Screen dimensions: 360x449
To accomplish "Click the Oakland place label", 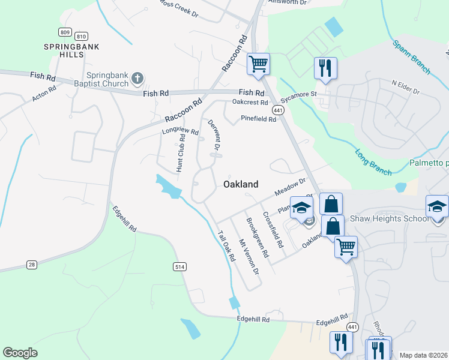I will (x=241, y=184).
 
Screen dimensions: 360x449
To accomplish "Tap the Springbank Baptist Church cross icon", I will (x=137, y=77).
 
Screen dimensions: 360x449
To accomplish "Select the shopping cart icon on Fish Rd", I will (x=258, y=63).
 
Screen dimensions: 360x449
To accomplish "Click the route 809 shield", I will (x=65, y=32).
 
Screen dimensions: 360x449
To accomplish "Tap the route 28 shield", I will (x=32, y=264).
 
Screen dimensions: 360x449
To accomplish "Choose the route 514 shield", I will (x=179, y=266).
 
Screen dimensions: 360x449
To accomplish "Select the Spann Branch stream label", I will (x=412, y=58).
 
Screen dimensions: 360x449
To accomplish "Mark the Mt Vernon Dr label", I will (x=249, y=257).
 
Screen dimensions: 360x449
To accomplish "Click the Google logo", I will (x=20, y=353).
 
